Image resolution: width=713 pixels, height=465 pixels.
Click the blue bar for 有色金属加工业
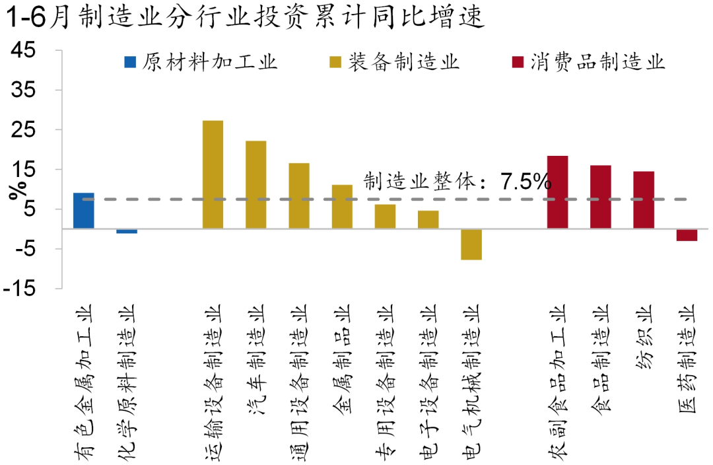coord(83,211)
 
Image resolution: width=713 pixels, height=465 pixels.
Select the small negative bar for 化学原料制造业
coord(127,231)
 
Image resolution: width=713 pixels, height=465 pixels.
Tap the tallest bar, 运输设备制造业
coord(213,175)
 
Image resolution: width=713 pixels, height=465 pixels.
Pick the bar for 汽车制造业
coord(255,185)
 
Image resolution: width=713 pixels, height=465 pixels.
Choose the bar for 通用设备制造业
coord(299,196)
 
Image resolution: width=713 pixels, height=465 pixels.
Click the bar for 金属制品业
coord(342,207)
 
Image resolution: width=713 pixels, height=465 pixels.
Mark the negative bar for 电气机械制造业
coord(471,244)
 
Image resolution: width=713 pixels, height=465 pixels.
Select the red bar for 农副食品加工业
coord(557,192)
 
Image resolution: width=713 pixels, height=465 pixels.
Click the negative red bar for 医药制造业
coord(687,235)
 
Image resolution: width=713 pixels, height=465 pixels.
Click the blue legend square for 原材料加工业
coord(130,63)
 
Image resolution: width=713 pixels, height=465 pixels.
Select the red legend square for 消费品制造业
coord(518,63)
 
